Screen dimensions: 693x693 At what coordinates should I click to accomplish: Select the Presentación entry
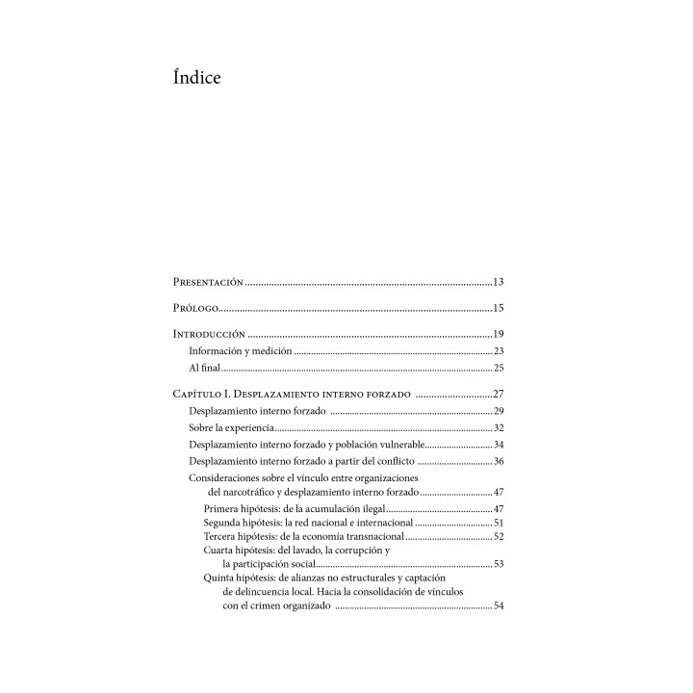click(207, 282)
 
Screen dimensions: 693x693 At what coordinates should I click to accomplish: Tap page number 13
click(499, 282)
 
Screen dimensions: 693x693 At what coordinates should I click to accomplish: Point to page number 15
click(499, 308)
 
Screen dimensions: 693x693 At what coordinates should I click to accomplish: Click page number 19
click(499, 334)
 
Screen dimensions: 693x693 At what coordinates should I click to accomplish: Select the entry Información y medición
click(240, 351)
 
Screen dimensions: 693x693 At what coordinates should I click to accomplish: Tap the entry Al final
click(204, 368)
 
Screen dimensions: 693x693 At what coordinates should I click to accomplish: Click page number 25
click(499, 368)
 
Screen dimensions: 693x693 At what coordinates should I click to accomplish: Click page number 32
click(499, 427)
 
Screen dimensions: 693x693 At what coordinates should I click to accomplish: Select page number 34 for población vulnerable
click(499, 445)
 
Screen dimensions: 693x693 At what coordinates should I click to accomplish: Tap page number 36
click(499, 461)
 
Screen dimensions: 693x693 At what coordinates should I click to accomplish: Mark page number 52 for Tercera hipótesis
click(499, 535)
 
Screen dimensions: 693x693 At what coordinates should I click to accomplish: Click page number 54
click(499, 606)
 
